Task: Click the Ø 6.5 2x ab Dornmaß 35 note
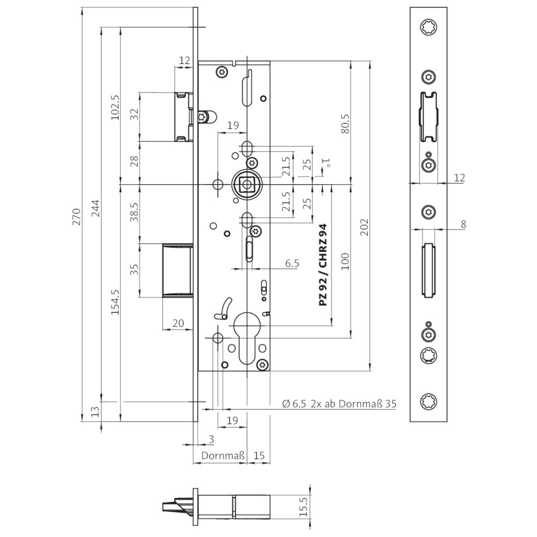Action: [x=339, y=404]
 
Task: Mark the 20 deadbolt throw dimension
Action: [x=177, y=322]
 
